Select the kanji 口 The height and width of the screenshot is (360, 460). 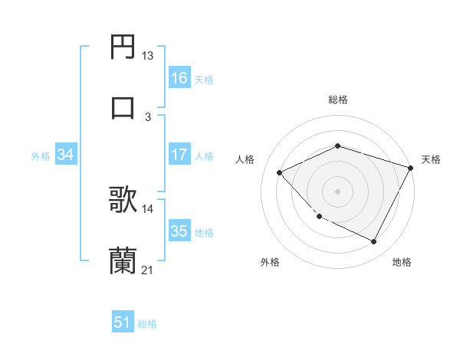click(123, 106)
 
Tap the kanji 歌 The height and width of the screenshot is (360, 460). click(123, 201)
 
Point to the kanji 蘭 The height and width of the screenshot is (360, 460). click(123, 260)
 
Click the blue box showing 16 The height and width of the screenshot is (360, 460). click(179, 77)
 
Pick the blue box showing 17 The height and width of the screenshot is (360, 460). click(179, 155)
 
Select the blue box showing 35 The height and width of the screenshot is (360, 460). click(179, 231)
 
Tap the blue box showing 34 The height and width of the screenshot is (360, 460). click(65, 155)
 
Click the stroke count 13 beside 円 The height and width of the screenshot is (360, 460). click(148, 56)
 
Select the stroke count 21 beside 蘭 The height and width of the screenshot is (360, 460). click(148, 270)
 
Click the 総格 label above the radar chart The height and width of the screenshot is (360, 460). click(337, 100)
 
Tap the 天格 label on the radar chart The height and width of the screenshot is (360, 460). click(431, 159)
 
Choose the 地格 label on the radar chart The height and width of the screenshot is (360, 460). click(402, 263)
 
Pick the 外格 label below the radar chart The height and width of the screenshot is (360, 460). click(270, 263)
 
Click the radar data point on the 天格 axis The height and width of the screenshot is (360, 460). click(412, 167)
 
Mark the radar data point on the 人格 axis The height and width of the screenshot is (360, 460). click(280, 173)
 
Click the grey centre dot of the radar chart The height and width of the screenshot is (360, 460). click(337, 191)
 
